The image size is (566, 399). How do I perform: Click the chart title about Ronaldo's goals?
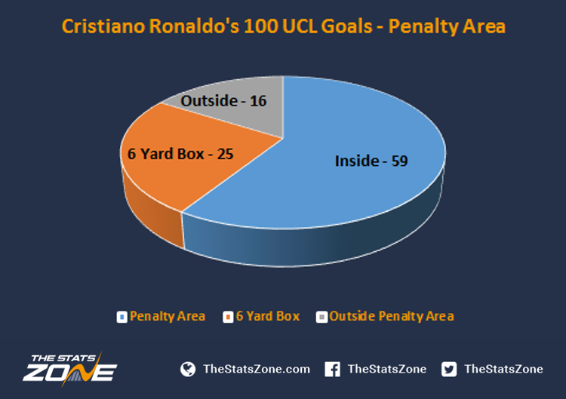coord(283,26)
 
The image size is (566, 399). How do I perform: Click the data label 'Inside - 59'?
coord(371,161)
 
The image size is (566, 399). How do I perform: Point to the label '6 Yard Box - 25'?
coord(180,154)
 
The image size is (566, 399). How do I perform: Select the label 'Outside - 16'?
coord(223,101)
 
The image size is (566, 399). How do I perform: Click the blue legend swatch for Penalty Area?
coord(122,317)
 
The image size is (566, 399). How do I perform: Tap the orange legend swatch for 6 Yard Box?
coord(228,317)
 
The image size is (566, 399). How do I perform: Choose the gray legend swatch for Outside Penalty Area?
coord(321,317)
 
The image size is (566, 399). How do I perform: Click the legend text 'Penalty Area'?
coord(168,316)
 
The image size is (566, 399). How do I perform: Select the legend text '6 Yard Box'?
coord(268,316)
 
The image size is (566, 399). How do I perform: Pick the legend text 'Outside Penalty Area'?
coord(392,316)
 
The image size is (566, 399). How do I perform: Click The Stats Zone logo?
coord(69,369)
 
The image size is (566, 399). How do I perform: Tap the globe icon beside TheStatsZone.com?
coord(188,369)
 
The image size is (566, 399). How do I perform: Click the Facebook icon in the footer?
coord(332,369)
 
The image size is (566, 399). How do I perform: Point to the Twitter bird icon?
coord(449,369)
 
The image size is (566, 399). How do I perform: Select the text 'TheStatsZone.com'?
coord(257,369)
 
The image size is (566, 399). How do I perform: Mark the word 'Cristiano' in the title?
coord(103,26)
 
